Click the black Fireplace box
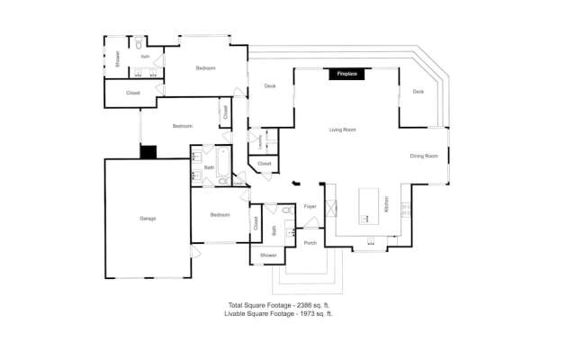[346, 75]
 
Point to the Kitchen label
[387, 206]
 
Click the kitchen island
[368, 205]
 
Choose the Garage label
[148, 219]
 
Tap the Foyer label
[310, 206]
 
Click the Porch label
[310, 243]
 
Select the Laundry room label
[261, 140]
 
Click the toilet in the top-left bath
[139, 43]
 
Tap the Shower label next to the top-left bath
[117, 58]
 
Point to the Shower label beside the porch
[268, 256]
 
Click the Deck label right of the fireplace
[418, 92]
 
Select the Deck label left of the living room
[269, 86]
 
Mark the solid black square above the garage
[148, 152]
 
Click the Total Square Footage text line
[284, 306]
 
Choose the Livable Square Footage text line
[284, 314]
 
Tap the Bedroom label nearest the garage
[220, 215]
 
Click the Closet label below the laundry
[264, 164]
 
